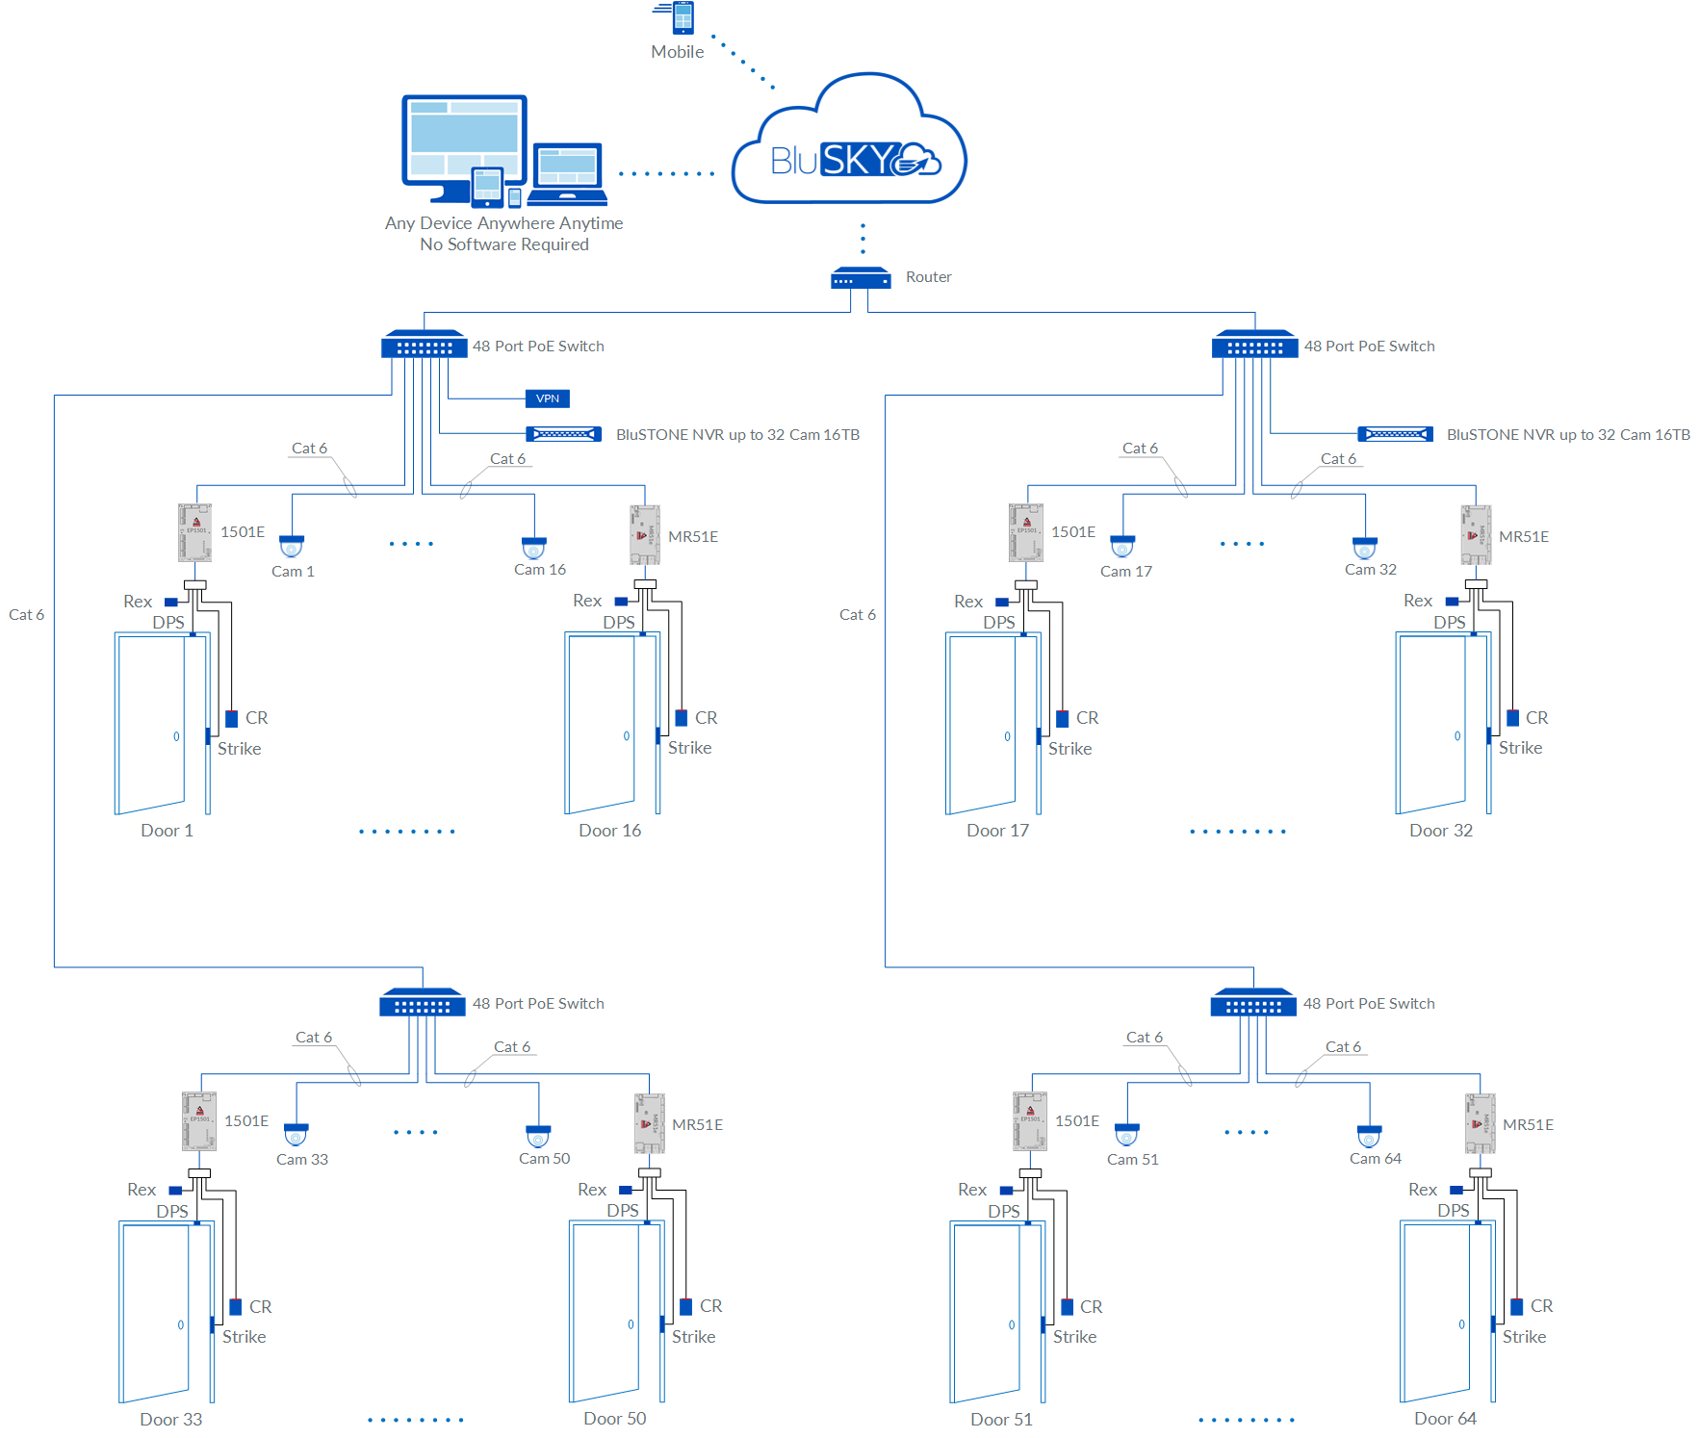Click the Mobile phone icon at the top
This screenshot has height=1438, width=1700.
pos(683,17)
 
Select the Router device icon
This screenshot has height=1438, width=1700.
pos(861,278)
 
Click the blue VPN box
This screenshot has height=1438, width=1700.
pos(548,398)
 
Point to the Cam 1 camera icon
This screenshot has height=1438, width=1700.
pos(292,546)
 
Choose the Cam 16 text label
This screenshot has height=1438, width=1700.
pos(539,570)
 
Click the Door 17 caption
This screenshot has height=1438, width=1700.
pos(997,831)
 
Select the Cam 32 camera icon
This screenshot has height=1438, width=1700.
pos(1365,547)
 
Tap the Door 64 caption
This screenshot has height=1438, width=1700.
pos(1445,1419)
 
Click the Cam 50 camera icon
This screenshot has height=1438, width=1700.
pos(538,1136)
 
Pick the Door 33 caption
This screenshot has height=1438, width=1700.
pos(171,1420)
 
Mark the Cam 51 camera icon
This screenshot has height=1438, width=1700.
pos(1127,1135)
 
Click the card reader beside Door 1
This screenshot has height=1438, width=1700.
pos(232,718)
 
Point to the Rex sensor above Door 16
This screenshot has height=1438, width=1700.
pos(621,602)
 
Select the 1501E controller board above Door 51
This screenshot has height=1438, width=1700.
pos(1030,1121)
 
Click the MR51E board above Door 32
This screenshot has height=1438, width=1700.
pos(1476,534)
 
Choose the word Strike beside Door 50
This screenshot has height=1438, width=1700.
pos(693,1337)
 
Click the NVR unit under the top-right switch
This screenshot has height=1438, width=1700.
pos(1395,434)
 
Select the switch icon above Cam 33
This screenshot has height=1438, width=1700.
pos(423,1003)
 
